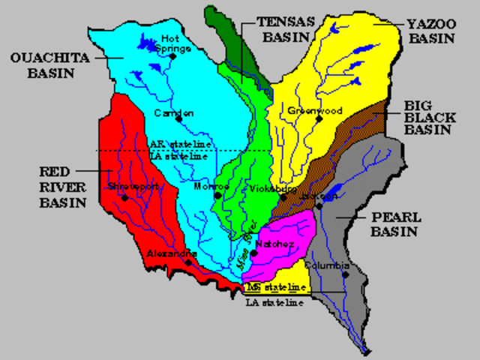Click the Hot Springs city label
pyautogui.click(x=174, y=43)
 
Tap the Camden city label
pyautogui.click(x=173, y=113)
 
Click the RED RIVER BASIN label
pyautogui.click(x=62, y=187)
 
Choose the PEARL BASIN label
pyautogui.click(x=395, y=224)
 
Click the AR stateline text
pyautogui.click(x=180, y=144)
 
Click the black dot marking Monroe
pyautogui.click(x=217, y=195)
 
